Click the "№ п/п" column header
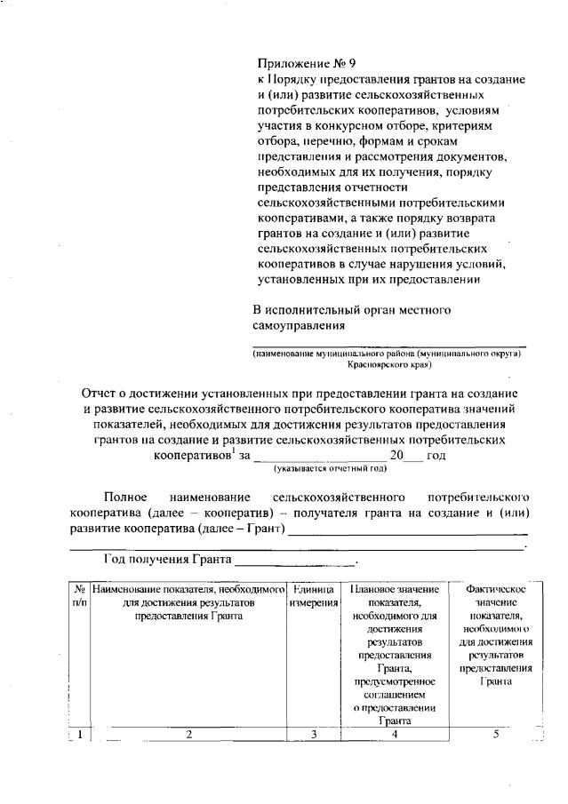[x=79, y=595]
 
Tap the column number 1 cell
[x=79, y=734]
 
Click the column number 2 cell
[x=188, y=734]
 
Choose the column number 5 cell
[x=495, y=734]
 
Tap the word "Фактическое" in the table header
[x=496, y=589]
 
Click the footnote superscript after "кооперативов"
[x=233, y=450]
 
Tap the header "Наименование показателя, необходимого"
[x=188, y=589]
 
